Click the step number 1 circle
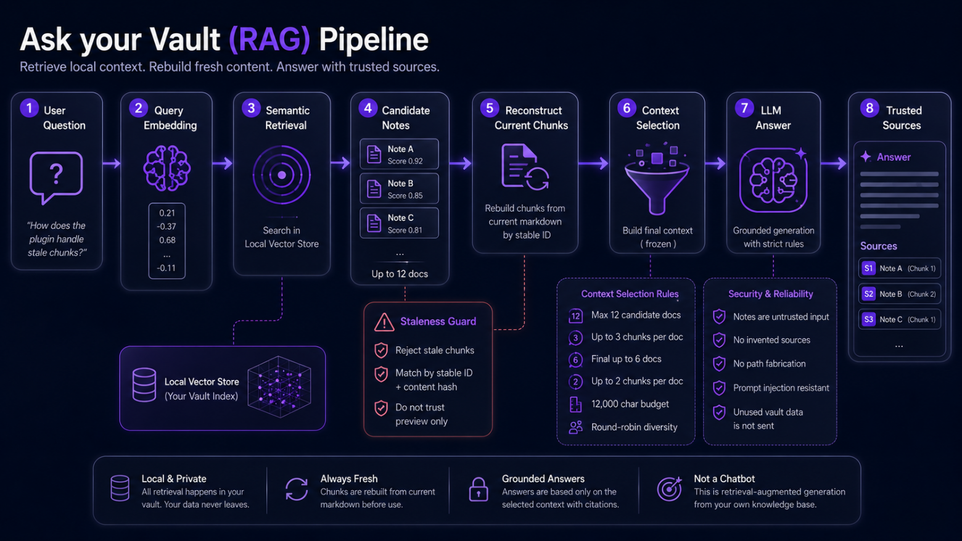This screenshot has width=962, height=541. coord(29,109)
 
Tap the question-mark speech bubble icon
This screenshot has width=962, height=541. coord(56,177)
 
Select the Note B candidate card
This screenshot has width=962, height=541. coord(399,189)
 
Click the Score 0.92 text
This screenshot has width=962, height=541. coord(405,161)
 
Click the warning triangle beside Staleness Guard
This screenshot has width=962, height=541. coord(384,322)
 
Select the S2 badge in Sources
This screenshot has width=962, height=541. coord(868,294)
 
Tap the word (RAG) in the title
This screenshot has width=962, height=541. coord(269,39)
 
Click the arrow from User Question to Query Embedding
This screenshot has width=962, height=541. coord(112,163)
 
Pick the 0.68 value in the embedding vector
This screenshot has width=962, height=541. coord(167,240)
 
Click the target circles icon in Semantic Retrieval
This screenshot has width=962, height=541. coord(282,175)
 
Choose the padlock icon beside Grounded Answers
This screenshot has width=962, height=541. coord(479,489)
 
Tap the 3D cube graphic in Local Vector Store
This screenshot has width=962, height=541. coord(279,387)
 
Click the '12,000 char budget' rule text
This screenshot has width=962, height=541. coord(630,404)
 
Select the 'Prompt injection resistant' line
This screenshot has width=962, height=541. coord(781,387)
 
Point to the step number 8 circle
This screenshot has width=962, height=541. coord(869,109)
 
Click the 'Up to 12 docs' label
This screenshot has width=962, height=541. coord(400,274)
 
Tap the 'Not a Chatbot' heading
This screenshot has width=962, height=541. coord(724,479)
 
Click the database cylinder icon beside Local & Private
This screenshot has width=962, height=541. coord(120,488)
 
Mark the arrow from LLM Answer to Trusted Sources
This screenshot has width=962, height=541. coord(834,163)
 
